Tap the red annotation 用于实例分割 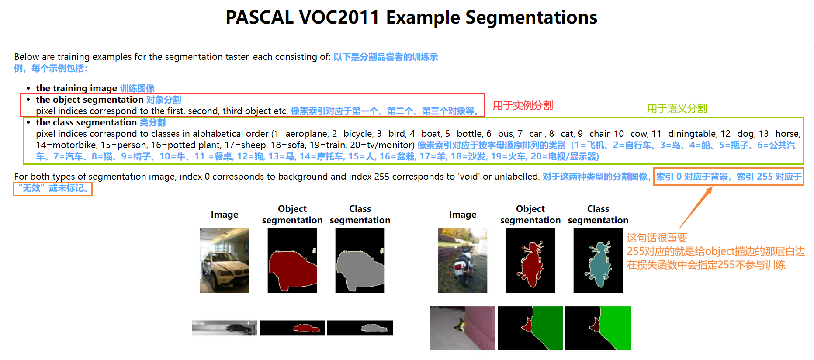tap(523, 105)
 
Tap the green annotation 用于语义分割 tap(677, 108)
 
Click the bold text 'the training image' tap(76, 88)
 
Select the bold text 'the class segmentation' tap(86, 122)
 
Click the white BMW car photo tap(224, 260)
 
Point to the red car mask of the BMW tap(291, 269)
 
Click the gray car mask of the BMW tap(358, 269)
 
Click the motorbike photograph tap(462, 260)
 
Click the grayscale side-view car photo tap(224, 328)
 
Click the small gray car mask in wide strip tap(374, 328)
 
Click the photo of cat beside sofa tap(462, 328)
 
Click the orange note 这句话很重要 tap(657, 238)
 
